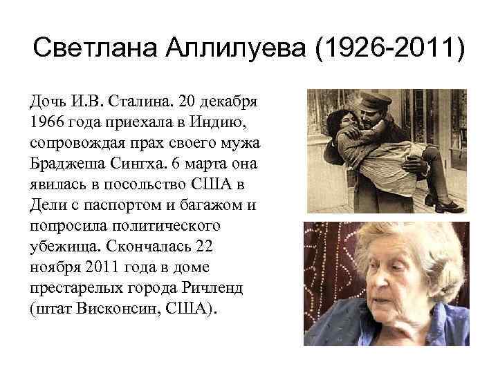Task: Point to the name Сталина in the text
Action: (137, 103)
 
